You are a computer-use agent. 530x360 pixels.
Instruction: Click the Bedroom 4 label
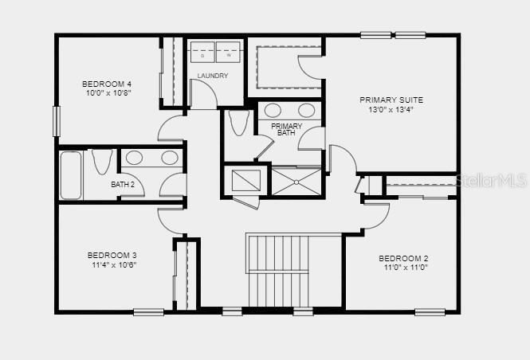tap(107, 84)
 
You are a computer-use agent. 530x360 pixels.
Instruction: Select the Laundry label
tap(213, 76)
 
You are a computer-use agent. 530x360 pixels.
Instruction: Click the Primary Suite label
tap(391, 100)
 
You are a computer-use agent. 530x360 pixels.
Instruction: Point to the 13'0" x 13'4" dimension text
tap(391, 110)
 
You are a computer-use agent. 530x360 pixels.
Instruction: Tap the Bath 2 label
tap(122, 185)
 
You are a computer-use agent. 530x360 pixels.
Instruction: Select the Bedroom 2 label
tap(403, 258)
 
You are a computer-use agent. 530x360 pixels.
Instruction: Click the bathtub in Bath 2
tap(71, 174)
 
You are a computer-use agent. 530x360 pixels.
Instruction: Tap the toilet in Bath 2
tap(101, 161)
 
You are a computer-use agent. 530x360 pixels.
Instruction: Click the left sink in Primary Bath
tap(273, 110)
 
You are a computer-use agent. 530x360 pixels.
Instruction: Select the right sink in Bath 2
tap(170, 158)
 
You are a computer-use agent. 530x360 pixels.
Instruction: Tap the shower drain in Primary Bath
tap(296, 182)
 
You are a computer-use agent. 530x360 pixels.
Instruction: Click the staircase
tap(278, 270)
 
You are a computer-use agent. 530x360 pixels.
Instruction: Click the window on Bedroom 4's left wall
tap(57, 121)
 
